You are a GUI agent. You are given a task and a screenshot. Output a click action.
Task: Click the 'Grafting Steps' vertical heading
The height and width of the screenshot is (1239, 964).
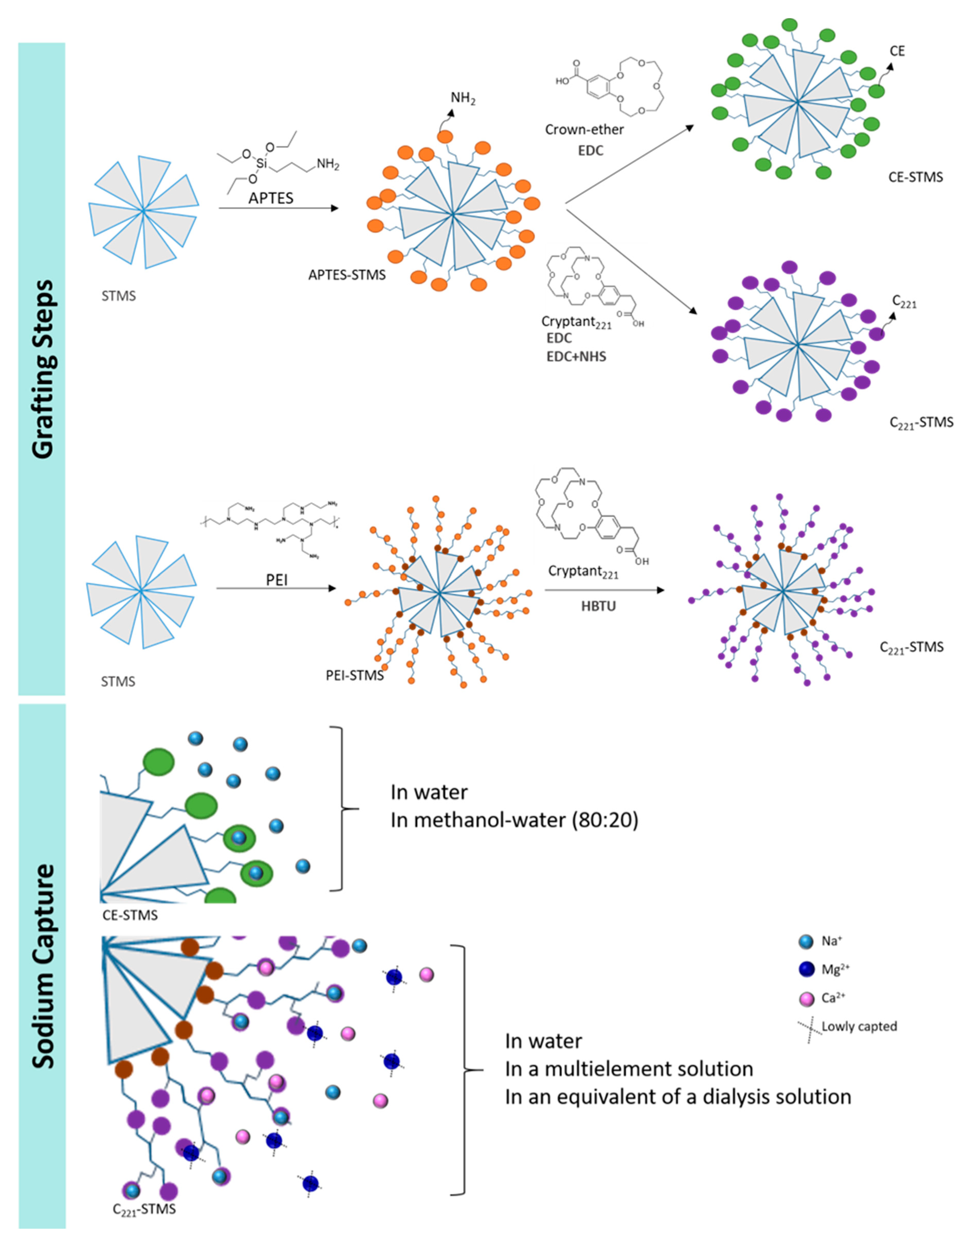(42, 369)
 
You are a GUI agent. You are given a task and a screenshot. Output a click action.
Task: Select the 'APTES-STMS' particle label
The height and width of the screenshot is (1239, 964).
(346, 275)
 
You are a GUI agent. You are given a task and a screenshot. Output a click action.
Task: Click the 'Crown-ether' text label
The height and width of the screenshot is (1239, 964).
(584, 130)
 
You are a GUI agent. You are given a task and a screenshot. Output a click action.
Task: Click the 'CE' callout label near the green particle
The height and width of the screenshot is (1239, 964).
(897, 51)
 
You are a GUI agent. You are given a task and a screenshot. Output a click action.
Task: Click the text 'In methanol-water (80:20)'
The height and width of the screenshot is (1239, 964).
(514, 820)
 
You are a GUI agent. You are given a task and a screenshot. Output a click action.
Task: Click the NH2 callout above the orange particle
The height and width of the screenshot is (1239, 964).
(463, 98)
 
